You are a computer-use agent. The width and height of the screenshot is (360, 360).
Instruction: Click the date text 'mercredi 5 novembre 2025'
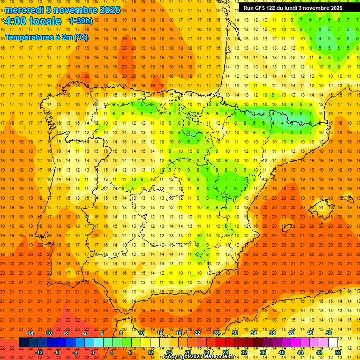pos(62,10)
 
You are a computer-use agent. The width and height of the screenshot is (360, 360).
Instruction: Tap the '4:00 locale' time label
pos(33,21)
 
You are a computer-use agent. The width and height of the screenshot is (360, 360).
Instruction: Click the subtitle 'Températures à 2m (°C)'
pos(46,37)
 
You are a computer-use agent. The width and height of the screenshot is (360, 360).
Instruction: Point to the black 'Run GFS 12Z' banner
pos(292,8)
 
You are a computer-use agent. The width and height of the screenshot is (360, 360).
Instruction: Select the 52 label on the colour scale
pos(338,352)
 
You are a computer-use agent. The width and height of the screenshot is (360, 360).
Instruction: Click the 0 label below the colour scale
pos(93,352)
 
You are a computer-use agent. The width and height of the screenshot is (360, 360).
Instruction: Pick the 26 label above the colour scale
pos(216,333)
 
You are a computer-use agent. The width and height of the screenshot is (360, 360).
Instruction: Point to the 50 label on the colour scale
pos(329,333)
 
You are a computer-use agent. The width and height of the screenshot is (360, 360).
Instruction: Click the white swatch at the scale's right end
pos(333,343)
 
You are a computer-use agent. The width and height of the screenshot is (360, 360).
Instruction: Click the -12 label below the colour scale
pos(39,352)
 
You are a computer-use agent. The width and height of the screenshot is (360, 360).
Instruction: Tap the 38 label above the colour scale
pos(272,333)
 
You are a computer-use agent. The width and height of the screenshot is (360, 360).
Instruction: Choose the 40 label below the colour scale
pos(282,352)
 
